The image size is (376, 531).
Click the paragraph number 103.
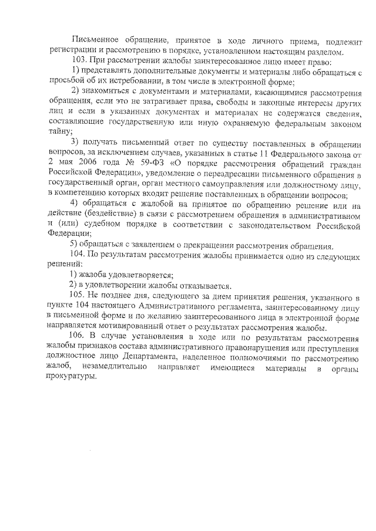(x=78, y=62)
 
